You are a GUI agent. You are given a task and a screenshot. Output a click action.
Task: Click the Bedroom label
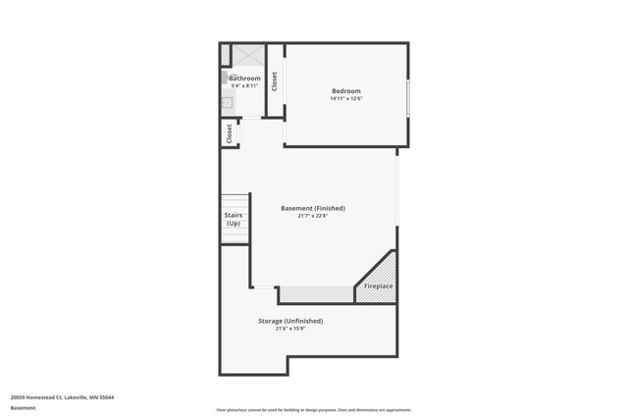tap(345, 91)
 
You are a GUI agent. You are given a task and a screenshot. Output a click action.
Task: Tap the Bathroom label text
tap(244, 78)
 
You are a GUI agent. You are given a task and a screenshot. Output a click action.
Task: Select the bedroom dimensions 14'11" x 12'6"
tap(345, 99)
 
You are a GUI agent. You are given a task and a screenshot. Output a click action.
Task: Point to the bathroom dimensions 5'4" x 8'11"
tap(244, 85)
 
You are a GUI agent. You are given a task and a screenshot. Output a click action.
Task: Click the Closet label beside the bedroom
tap(275, 81)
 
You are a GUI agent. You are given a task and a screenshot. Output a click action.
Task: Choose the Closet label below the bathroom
tap(230, 133)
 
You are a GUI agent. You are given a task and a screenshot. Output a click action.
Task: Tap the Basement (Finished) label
tap(312, 208)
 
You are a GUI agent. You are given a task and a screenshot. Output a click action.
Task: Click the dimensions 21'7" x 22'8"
tap(312, 216)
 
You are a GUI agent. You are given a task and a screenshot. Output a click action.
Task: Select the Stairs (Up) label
tap(234, 219)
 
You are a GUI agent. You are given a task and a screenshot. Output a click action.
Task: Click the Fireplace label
tap(379, 287)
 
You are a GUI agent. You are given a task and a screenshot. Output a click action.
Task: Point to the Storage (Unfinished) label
tap(290, 321)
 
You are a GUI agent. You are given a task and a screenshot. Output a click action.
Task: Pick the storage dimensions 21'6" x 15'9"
tap(290, 329)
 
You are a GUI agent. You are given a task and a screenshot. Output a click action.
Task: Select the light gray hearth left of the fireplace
tap(316, 294)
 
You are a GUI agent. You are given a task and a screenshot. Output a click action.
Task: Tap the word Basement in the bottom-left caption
tap(23, 407)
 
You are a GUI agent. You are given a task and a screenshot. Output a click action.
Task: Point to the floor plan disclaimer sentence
tap(313, 410)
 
